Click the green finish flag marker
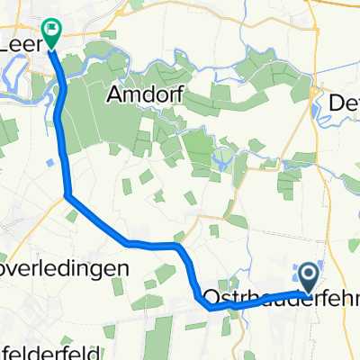pos(51,34)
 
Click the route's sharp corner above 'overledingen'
pos(67,195)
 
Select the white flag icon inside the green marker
pos(52,31)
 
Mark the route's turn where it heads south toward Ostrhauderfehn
pos(180,246)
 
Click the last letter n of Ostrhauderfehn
pos(353,297)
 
